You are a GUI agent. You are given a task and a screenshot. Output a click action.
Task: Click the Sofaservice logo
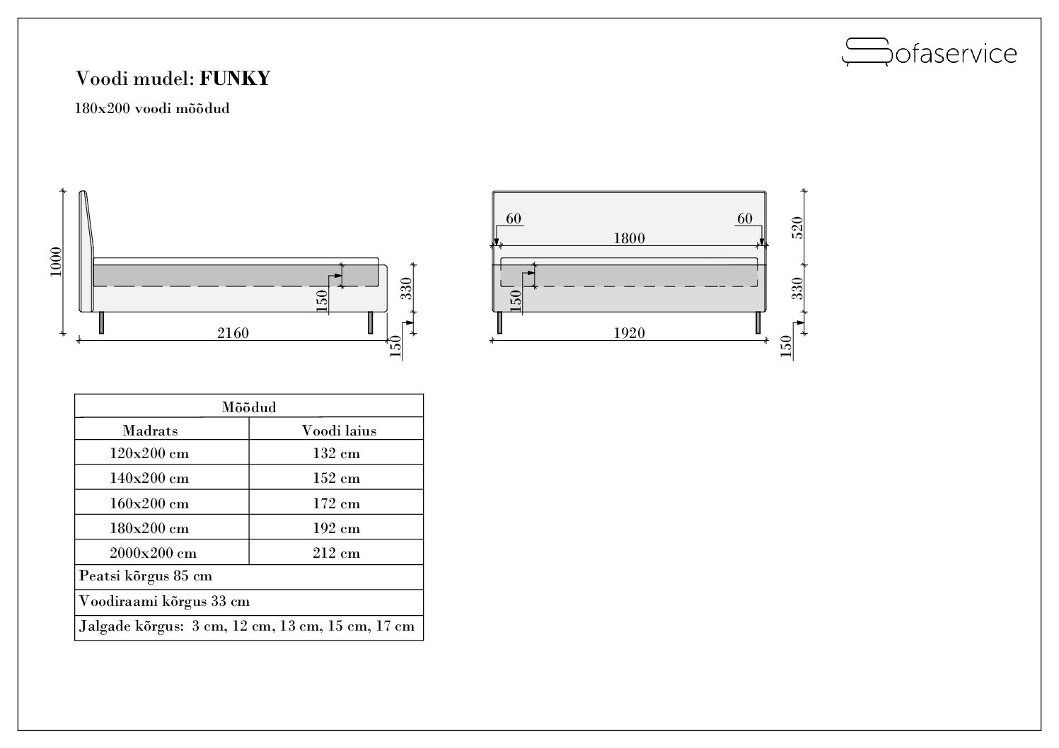tap(929, 52)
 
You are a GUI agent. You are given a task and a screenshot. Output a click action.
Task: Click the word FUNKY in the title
tap(234, 78)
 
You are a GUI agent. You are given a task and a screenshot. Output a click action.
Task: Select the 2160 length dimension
tap(233, 333)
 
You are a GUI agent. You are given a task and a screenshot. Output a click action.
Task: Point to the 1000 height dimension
tap(56, 262)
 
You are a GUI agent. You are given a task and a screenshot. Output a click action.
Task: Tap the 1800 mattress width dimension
tap(629, 238)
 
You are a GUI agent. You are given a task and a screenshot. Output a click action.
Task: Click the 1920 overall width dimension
tap(629, 333)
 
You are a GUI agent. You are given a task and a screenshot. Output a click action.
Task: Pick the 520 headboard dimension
tap(797, 228)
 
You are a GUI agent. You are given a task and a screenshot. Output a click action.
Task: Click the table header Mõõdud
tap(249, 407)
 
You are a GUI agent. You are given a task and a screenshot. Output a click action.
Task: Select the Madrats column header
tap(151, 431)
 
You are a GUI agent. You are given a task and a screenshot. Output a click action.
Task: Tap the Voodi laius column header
tap(339, 431)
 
